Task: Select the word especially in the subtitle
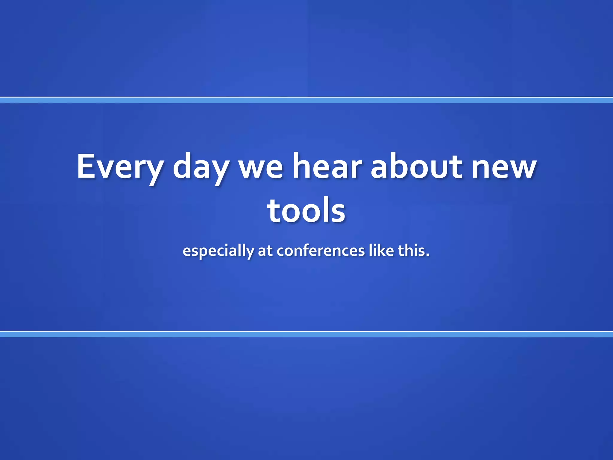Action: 218,251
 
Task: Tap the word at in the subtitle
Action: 265,251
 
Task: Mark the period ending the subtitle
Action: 428,255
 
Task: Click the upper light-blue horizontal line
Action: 306,100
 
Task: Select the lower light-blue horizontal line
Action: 306,334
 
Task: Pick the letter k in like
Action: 382,250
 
